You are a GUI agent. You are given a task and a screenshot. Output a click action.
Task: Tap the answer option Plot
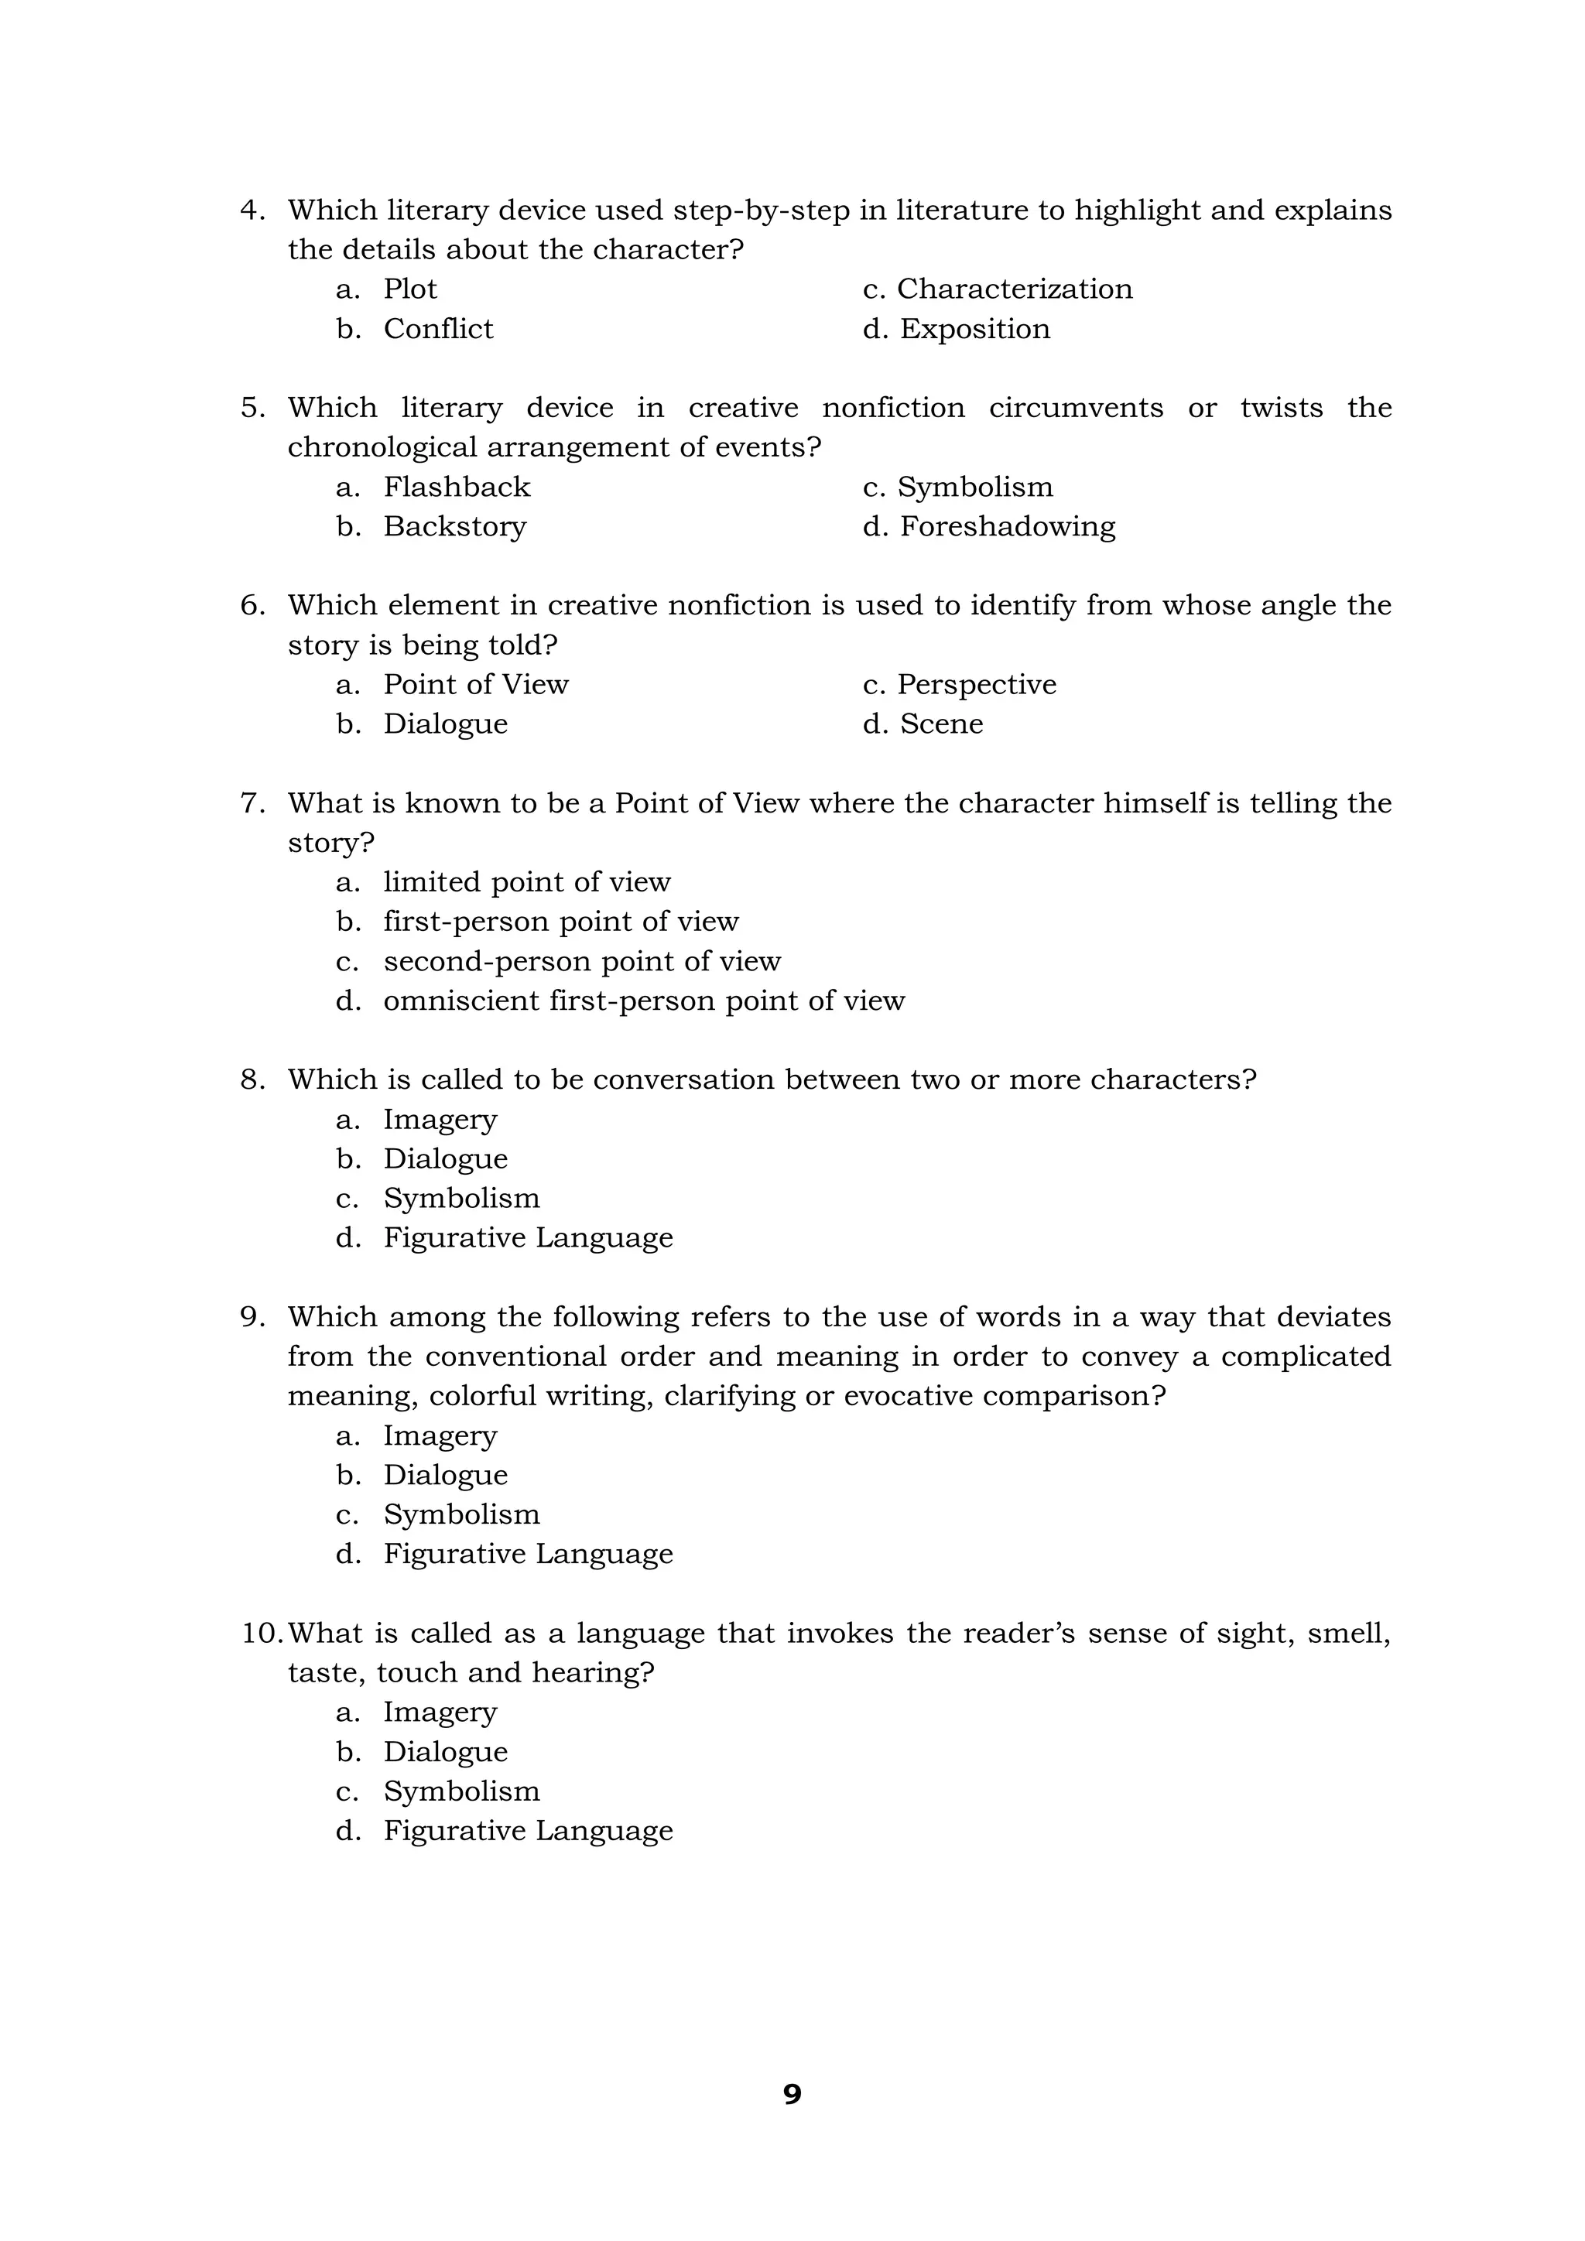click(410, 289)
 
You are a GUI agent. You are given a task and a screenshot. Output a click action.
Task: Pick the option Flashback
click(456, 487)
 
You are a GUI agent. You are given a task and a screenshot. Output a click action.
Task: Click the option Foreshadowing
click(1006, 526)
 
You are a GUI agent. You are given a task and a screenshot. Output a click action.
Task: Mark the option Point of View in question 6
click(475, 684)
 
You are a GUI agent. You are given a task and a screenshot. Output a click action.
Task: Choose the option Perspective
click(975, 684)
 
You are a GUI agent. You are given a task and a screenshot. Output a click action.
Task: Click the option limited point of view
click(526, 882)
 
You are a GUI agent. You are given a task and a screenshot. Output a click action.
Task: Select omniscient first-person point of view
click(643, 1001)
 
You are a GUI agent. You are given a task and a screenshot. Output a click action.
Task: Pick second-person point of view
click(582, 961)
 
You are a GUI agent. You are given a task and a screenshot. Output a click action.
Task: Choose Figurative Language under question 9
click(527, 1554)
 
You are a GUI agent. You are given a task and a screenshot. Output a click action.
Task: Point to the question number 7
click(252, 803)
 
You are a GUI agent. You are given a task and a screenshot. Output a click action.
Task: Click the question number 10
click(261, 1633)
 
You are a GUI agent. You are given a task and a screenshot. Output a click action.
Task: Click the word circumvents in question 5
click(1076, 408)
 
